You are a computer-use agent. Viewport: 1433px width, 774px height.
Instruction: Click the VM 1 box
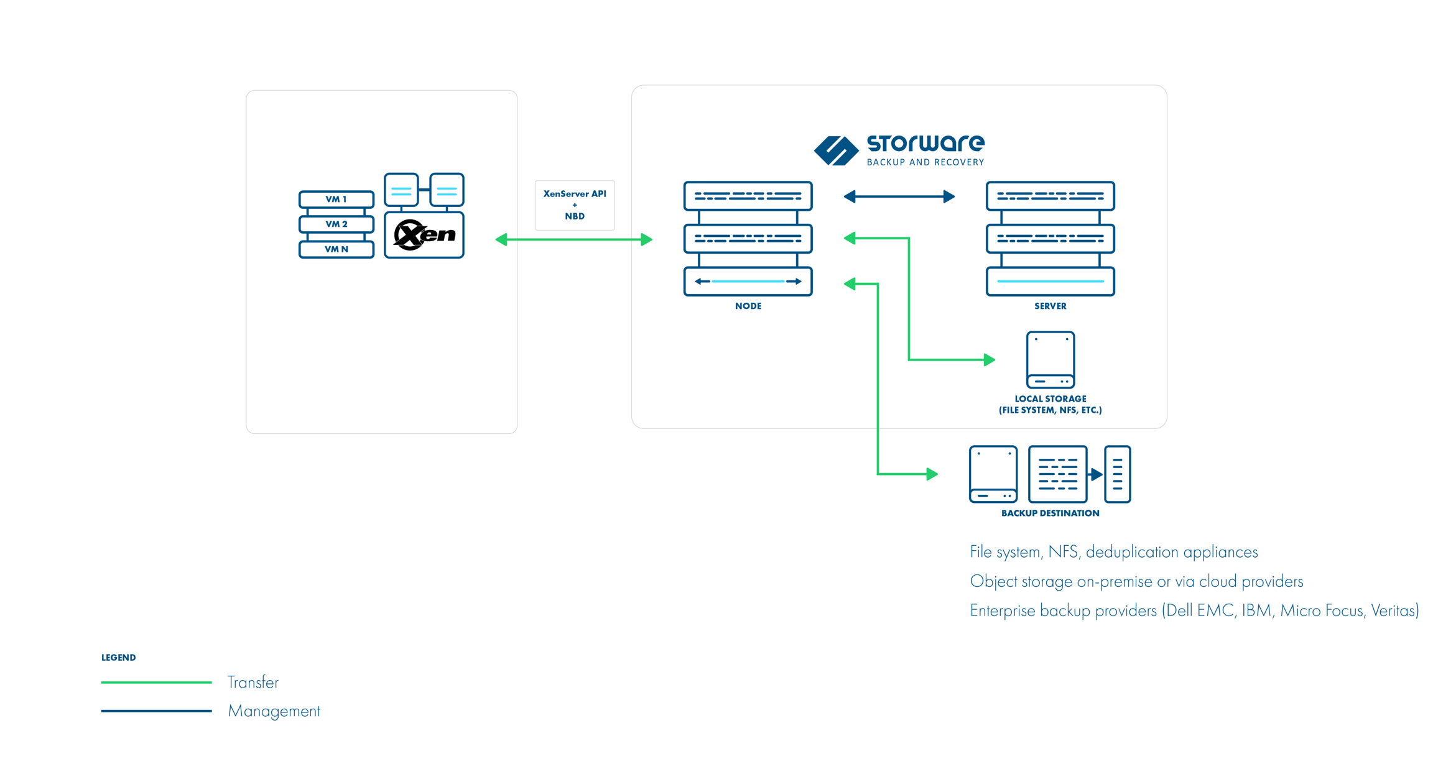pyautogui.click(x=336, y=199)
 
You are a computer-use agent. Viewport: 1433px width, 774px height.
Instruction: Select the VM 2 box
pyautogui.click(x=336, y=224)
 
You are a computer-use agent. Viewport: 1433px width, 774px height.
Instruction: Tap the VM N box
pyautogui.click(x=336, y=249)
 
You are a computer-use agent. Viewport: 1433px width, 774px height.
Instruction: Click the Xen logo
pyautogui.click(x=424, y=235)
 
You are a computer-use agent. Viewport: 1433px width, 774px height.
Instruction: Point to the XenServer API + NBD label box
pyautogui.click(x=574, y=205)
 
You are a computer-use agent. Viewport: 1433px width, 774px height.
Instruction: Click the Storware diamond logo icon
pyautogui.click(x=835, y=150)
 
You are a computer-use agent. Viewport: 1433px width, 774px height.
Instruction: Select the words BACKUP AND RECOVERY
pyautogui.click(x=925, y=162)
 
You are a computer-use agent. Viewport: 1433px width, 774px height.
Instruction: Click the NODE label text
pyautogui.click(x=748, y=306)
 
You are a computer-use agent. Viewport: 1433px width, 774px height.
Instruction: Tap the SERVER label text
pyautogui.click(x=1050, y=306)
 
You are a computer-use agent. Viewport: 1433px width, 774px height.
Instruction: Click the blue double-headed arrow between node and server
pyautogui.click(x=899, y=197)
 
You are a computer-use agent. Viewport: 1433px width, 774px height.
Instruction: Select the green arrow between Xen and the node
pyautogui.click(x=573, y=239)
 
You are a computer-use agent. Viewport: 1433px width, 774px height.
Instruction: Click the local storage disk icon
pyautogui.click(x=1050, y=359)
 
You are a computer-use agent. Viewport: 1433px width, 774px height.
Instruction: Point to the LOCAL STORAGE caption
pyautogui.click(x=1050, y=404)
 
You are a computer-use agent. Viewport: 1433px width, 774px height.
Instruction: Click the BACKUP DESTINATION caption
pyautogui.click(x=1050, y=513)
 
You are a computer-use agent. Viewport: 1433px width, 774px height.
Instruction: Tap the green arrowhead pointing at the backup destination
pyautogui.click(x=932, y=474)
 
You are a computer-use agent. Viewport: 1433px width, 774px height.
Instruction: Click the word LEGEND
pyautogui.click(x=118, y=657)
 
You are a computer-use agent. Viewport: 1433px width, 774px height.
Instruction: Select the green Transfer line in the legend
pyautogui.click(x=156, y=682)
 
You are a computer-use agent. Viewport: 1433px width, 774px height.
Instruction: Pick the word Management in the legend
pyautogui.click(x=274, y=711)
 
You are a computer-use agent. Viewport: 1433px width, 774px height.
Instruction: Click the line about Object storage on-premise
pyautogui.click(x=1136, y=581)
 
